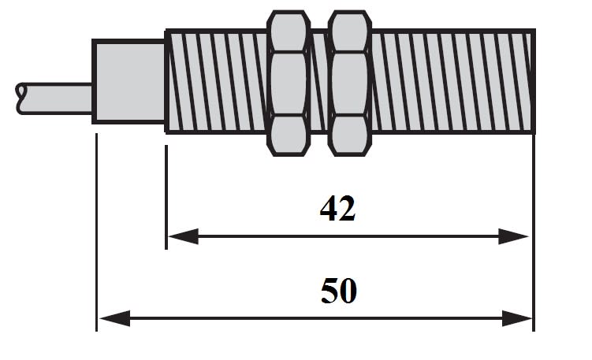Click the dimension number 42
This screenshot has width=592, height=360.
(x=337, y=208)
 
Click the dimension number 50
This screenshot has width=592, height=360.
(x=339, y=291)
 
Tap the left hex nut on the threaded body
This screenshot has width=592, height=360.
(x=289, y=83)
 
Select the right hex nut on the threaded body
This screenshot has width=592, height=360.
(x=350, y=83)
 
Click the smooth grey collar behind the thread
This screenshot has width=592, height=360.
(x=128, y=81)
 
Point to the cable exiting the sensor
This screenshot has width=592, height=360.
(x=54, y=98)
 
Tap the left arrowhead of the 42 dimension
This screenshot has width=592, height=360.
(x=183, y=236)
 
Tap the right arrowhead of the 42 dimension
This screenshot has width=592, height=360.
(x=513, y=236)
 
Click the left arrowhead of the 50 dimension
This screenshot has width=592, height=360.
(x=115, y=319)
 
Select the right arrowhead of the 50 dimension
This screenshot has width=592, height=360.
(x=517, y=319)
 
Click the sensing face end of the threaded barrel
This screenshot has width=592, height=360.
(x=533, y=81)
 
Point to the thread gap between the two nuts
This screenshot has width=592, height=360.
(x=319, y=81)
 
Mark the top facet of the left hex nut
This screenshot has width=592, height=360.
(x=289, y=32)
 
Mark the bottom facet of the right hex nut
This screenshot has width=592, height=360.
(x=350, y=135)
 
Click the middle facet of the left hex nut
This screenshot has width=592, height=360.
(x=289, y=84)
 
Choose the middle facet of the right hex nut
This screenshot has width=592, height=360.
(x=350, y=84)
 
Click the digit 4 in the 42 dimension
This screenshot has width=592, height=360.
(x=329, y=208)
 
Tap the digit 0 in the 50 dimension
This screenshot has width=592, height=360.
(x=348, y=291)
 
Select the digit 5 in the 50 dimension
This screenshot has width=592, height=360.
(x=330, y=291)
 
